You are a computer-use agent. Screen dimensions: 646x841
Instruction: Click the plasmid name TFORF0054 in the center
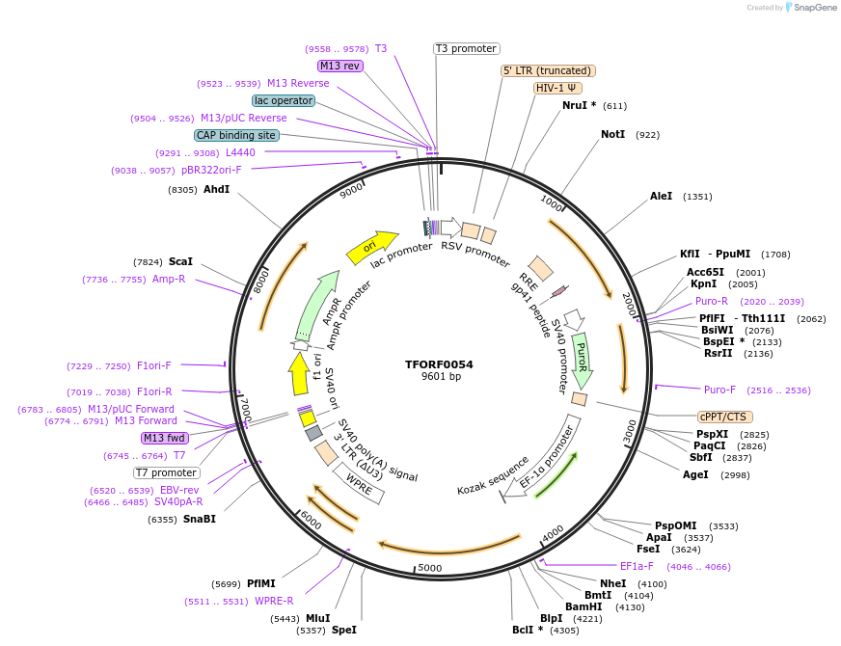coord(439,364)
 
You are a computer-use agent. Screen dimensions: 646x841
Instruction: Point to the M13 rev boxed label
coord(339,66)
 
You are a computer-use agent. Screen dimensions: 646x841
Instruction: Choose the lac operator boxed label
coord(284,100)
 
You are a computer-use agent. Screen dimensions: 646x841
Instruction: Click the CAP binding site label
coord(236,135)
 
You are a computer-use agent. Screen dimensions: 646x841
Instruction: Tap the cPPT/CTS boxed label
coord(722,417)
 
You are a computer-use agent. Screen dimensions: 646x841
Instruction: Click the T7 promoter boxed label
coord(167,472)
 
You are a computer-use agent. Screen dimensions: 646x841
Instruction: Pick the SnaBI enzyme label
coord(199,519)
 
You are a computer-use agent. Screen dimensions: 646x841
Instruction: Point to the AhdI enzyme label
coord(216,189)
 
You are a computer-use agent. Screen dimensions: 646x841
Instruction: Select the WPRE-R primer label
coord(274,602)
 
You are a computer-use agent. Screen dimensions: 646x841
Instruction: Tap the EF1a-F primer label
coord(637,566)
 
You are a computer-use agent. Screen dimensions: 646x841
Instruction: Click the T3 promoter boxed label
coord(466,48)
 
